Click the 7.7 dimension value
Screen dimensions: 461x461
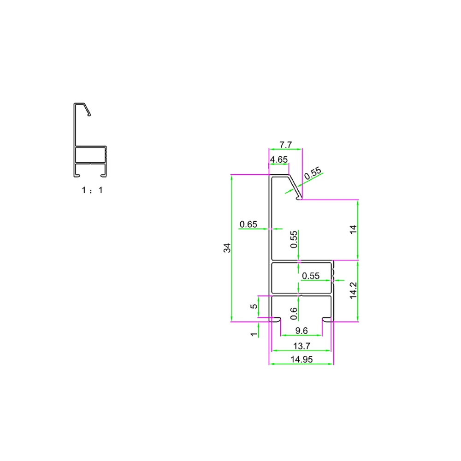click(x=286, y=145)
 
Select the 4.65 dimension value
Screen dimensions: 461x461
click(x=279, y=160)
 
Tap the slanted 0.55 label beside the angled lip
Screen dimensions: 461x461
click(x=313, y=174)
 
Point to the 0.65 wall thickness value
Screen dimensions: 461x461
click(x=248, y=225)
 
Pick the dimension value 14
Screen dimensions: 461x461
click(x=354, y=230)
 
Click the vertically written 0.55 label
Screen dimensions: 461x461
click(x=294, y=240)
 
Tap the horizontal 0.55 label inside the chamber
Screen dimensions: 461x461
click(x=310, y=276)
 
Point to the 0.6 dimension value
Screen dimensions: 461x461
click(x=294, y=314)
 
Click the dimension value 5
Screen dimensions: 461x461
click(x=252, y=307)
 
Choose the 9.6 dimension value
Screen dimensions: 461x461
click(x=301, y=331)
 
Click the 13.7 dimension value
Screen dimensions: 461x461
click(x=301, y=346)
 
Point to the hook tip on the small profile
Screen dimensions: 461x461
click(x=89, y=114)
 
